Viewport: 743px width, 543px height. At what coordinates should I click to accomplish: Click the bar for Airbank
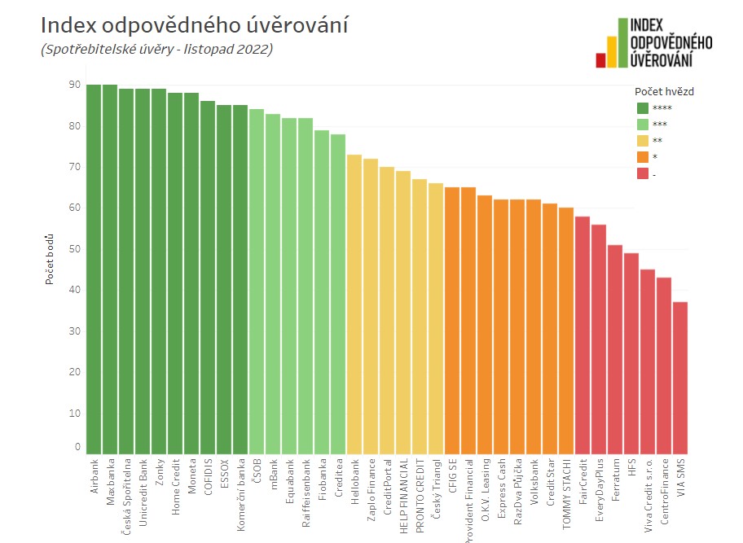[94, 269]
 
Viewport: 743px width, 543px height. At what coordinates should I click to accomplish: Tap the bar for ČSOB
[257, 281]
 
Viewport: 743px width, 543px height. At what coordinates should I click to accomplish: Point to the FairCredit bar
[583, 335]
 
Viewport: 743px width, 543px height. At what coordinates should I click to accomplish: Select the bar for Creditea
[338, 293]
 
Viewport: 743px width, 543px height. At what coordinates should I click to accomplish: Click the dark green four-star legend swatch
[643, 108]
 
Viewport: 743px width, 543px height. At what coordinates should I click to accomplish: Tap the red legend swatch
[643, 174]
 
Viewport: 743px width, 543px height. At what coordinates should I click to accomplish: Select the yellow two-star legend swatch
[643, 141]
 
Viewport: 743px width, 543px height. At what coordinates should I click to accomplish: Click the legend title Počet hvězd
[664, 91]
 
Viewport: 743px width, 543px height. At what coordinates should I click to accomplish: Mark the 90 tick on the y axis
[75, 85]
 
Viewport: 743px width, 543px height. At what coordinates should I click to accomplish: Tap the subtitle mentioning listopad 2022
[156, 50]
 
